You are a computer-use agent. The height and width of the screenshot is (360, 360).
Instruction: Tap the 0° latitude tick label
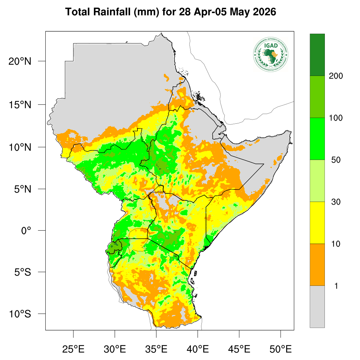point(26,231)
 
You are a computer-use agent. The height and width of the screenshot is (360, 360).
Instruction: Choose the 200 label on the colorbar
point(336,76)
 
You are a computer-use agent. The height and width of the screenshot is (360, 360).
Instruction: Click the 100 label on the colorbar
point(336,118)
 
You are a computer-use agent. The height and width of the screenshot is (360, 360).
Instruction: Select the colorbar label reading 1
point(336,286)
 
